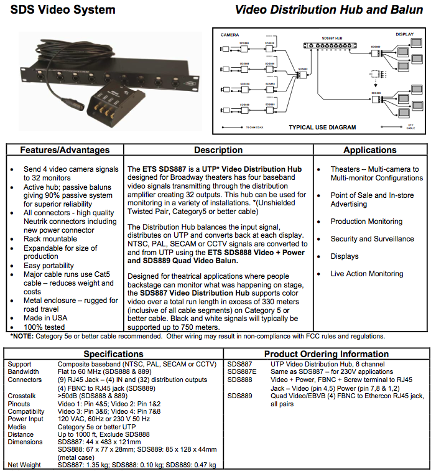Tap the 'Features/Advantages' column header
coord(65,150)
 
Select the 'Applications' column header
coord(369,150)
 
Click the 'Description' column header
coord(218,150)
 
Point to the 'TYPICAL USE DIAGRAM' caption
coord(322,127)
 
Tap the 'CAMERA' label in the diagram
coord(231,35)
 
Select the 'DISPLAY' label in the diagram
coord(404,35)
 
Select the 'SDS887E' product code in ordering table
coord(241,371)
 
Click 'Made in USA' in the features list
coord(46,318)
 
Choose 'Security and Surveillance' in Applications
coord(372,239)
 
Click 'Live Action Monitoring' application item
coord(367,274)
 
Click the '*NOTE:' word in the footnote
coord(22,336)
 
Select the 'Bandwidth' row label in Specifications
coord(24,371)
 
